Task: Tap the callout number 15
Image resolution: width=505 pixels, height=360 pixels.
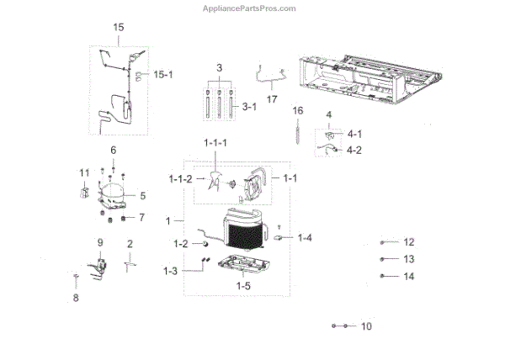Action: click(119, 28)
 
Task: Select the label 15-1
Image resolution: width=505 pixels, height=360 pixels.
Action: click(163, 75)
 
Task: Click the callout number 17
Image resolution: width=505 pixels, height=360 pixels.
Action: click(272, 98)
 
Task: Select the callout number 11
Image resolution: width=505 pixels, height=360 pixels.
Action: click(84, 172)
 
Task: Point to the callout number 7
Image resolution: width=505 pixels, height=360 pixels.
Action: click(141, 218)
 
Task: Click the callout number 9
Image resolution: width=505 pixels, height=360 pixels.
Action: click(100, 242)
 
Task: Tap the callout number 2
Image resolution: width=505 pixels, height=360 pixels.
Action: click(130, 244)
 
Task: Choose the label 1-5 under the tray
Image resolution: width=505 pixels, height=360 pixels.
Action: click(242, 286)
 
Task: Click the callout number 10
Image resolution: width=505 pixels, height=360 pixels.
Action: click(366, 326)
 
